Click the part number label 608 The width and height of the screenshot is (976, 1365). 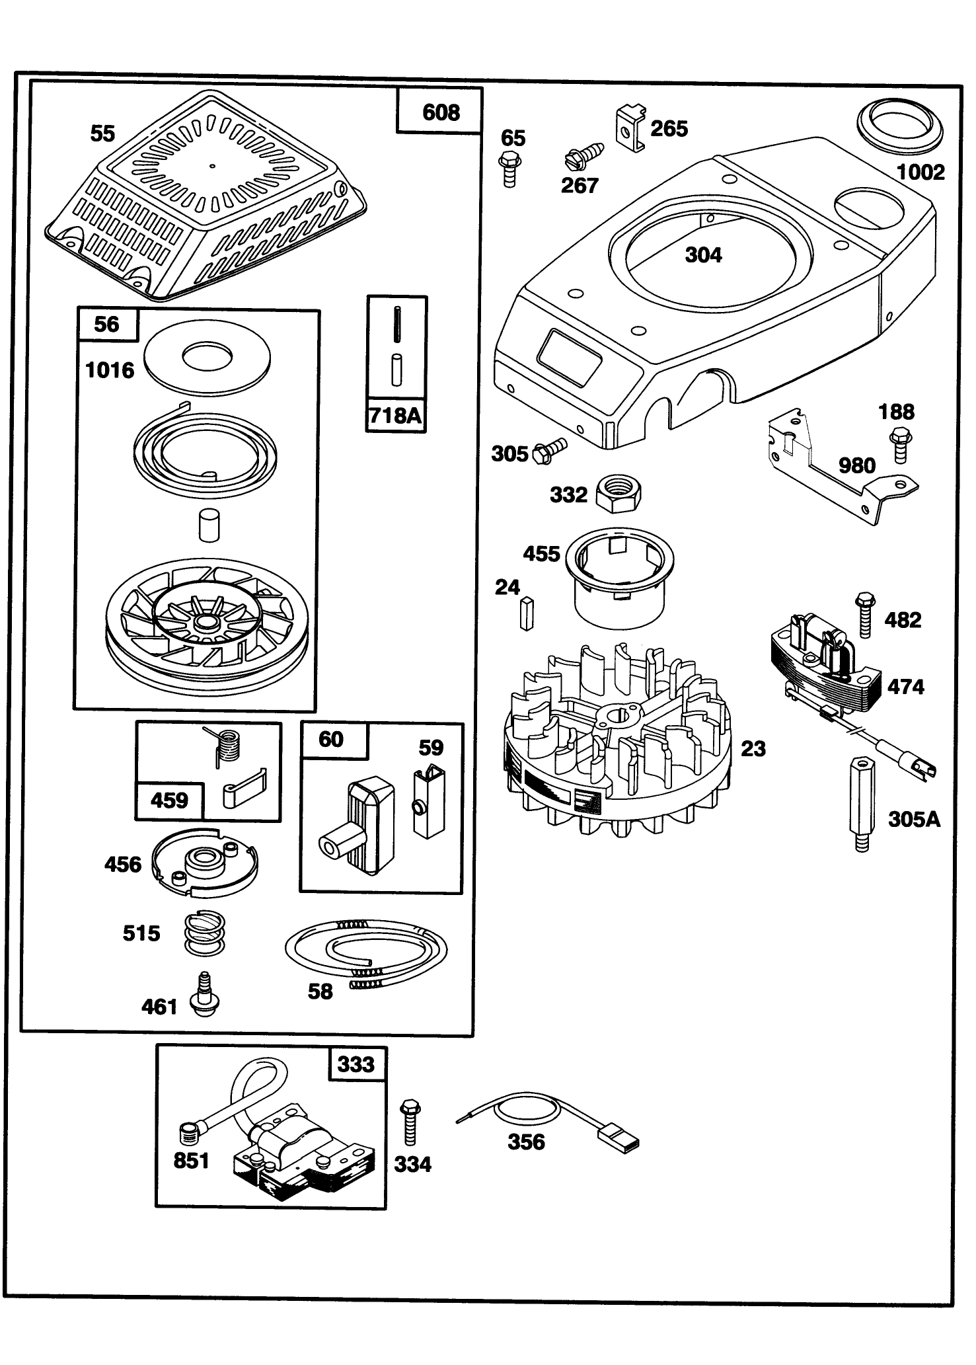[x=441, y=112]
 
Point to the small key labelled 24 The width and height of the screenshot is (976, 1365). [x=526, y=613]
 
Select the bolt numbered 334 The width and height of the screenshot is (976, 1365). [x=410, y=1122]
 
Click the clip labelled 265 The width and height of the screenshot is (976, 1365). [x=629, y=128]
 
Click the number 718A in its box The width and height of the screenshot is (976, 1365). [x=395, y=415]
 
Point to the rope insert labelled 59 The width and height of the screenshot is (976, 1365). [x=430, y=802]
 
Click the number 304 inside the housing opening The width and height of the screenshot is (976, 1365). [x=703, y=255]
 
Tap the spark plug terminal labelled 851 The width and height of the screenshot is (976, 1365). [x=190, y=1135]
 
